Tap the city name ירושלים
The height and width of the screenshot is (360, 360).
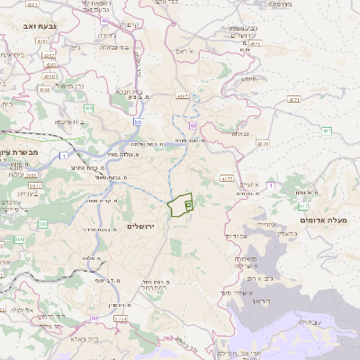[x=142, y=226]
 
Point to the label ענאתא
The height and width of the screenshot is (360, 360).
[x=239, y=134]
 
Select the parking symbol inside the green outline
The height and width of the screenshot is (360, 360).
[x=187, y=205]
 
